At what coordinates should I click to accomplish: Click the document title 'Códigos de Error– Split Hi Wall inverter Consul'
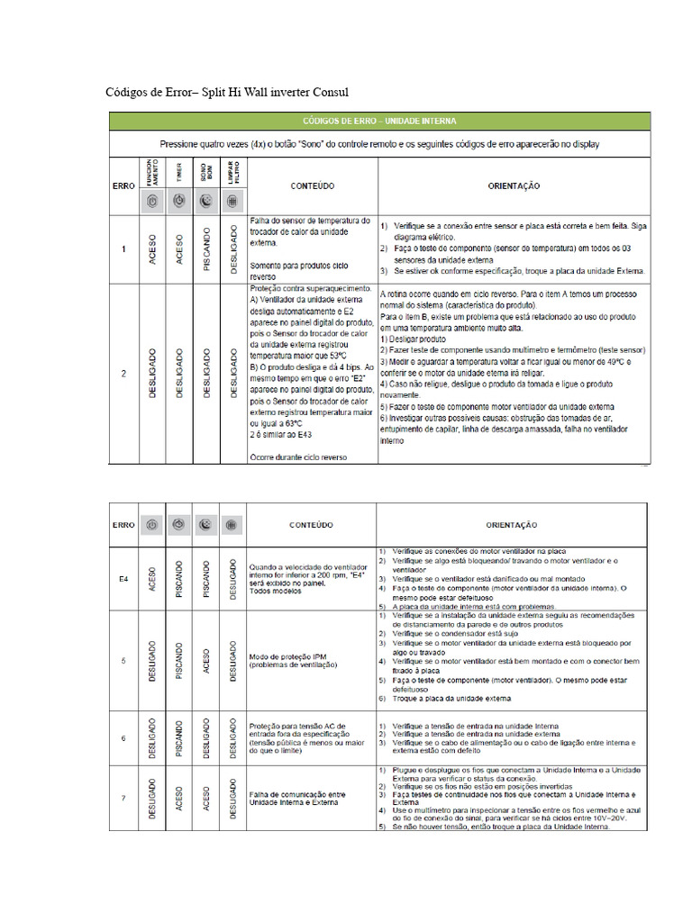click(x=226, y=93)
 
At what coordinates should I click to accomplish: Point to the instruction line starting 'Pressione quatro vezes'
click(x=378, y=143)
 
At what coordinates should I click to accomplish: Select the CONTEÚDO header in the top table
click(x=313, y=185)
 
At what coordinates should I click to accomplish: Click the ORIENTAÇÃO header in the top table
click(x=514, y=185)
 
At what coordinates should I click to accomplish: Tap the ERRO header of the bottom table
click(x=124, y=523)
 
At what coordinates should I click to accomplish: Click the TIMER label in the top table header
click(x=179, y=172)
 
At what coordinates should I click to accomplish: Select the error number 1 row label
click(x=123, y=248)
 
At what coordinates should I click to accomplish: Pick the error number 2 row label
click(x=123, y=372)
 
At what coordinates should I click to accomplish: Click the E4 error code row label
click(x=124, y=578)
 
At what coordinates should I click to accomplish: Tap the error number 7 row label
click(x=123, y=800)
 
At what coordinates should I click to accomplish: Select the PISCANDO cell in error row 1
click(x=206, y=249)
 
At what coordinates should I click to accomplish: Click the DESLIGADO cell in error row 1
click(x=233, y=249)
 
